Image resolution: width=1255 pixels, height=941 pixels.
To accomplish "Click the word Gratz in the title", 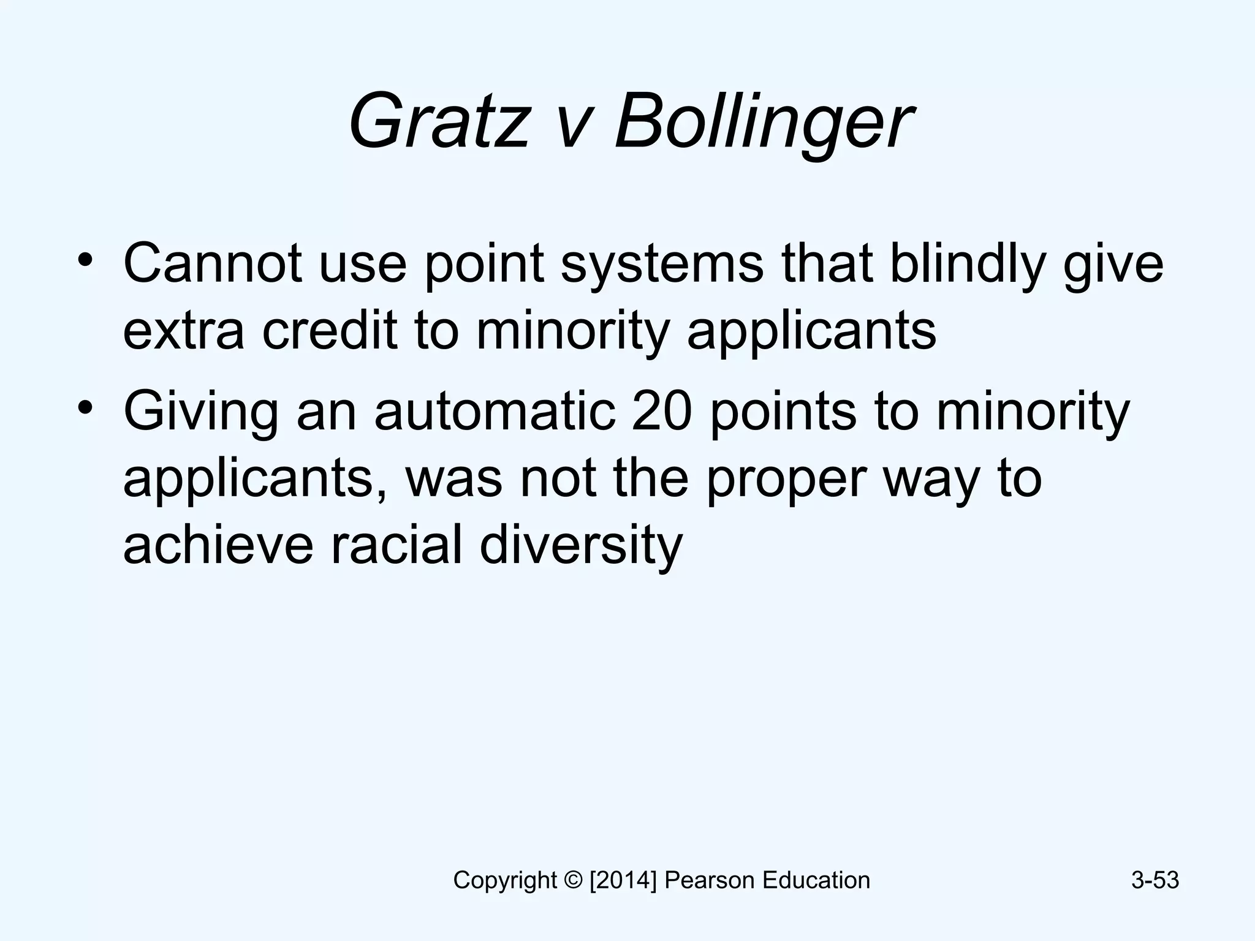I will point(438,121).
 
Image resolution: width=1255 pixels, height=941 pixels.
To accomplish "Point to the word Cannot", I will point(212,263).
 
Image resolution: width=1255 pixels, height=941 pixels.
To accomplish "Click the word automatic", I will point(495,412).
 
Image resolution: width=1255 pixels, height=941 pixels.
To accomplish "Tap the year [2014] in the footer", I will point(623,880).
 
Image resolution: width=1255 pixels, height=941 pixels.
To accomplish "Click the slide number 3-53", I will point(1155,880).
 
